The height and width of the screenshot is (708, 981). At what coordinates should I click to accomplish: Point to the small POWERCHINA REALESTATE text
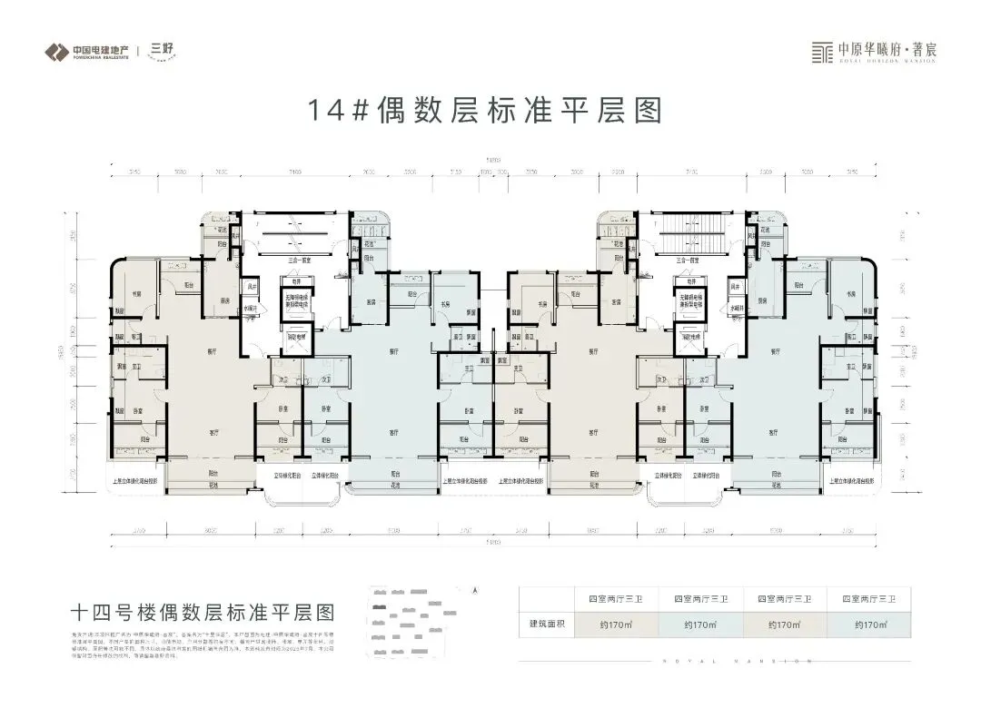(99, 56)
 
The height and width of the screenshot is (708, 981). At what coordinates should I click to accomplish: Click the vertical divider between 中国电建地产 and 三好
(138, 50)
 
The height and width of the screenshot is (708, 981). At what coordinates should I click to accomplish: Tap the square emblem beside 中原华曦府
(821, 50)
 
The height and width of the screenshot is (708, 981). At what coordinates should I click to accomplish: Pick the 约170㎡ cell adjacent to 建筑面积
(609, 624)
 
